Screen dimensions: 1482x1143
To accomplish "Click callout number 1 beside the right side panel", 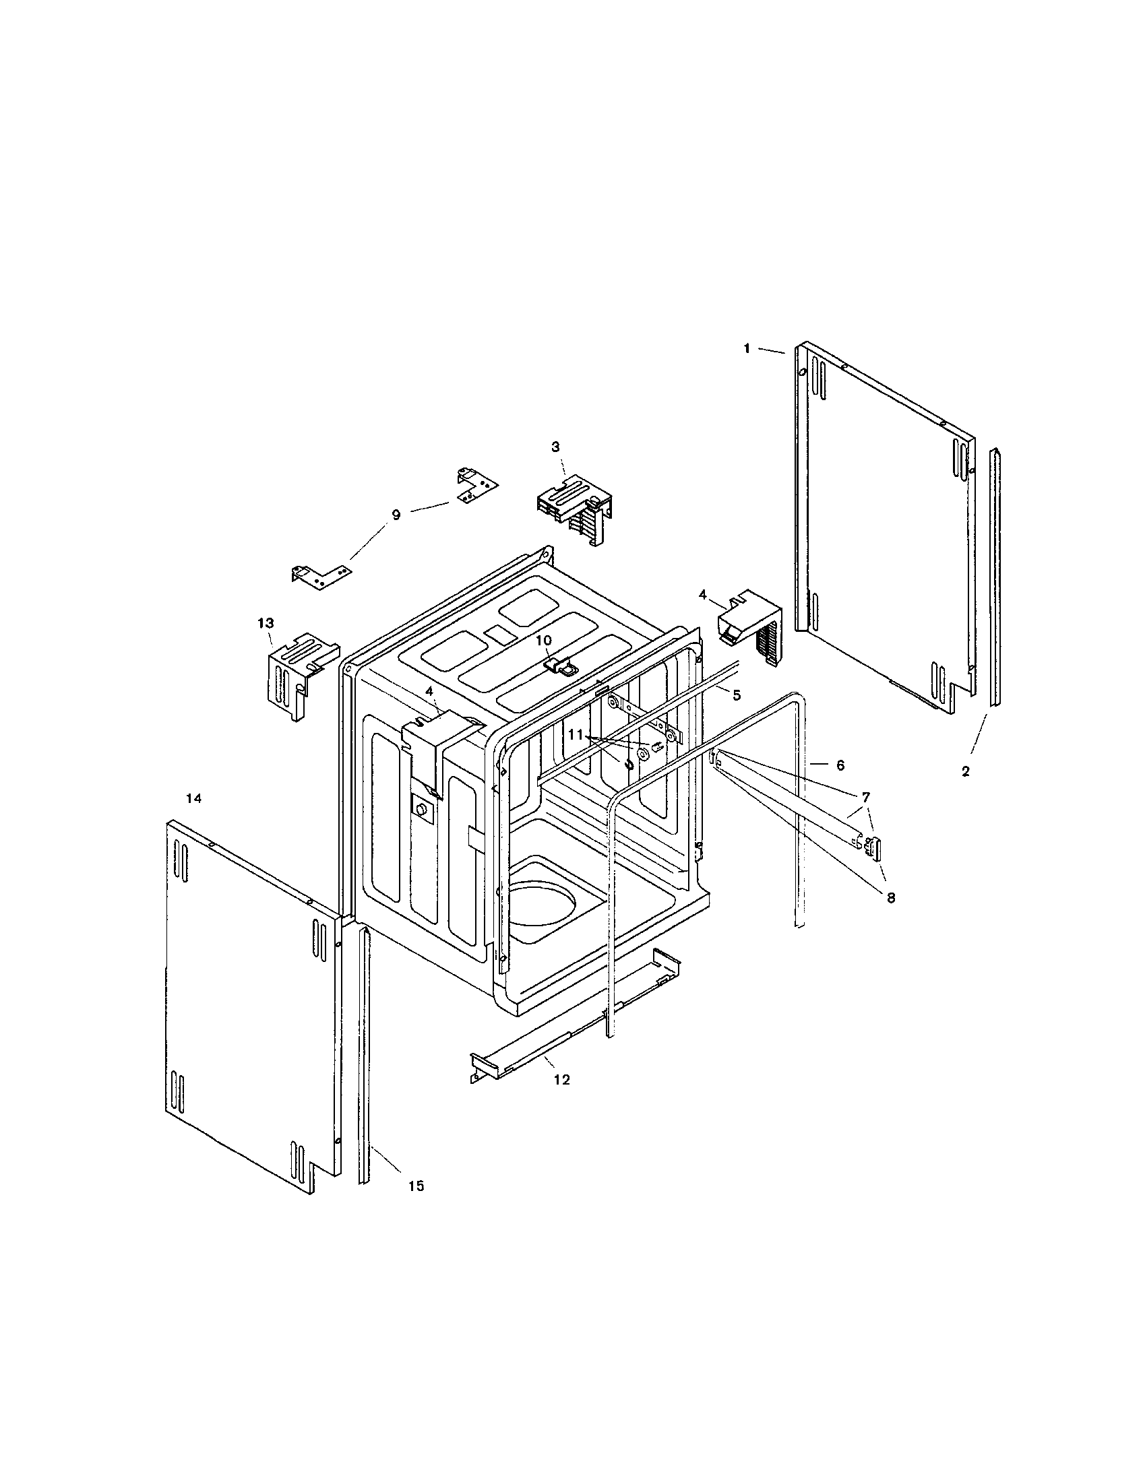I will coord(747,349).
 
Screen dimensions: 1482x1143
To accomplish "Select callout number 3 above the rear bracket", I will coord(555,447).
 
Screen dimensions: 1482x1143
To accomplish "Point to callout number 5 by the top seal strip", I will coord(737,695).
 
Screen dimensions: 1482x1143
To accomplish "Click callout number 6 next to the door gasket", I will coord(840,765).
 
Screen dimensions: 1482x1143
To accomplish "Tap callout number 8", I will coord(890,897).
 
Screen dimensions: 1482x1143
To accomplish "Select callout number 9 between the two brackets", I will coord(396,515).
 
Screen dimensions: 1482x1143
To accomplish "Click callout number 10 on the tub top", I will coord(544,640).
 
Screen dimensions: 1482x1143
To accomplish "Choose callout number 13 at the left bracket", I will coord(265,622).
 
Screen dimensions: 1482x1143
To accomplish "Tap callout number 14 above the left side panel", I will coord(194,799).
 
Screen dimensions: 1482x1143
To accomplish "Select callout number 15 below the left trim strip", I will coord(416,1186).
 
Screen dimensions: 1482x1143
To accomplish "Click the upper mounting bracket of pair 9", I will coord(475,486).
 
